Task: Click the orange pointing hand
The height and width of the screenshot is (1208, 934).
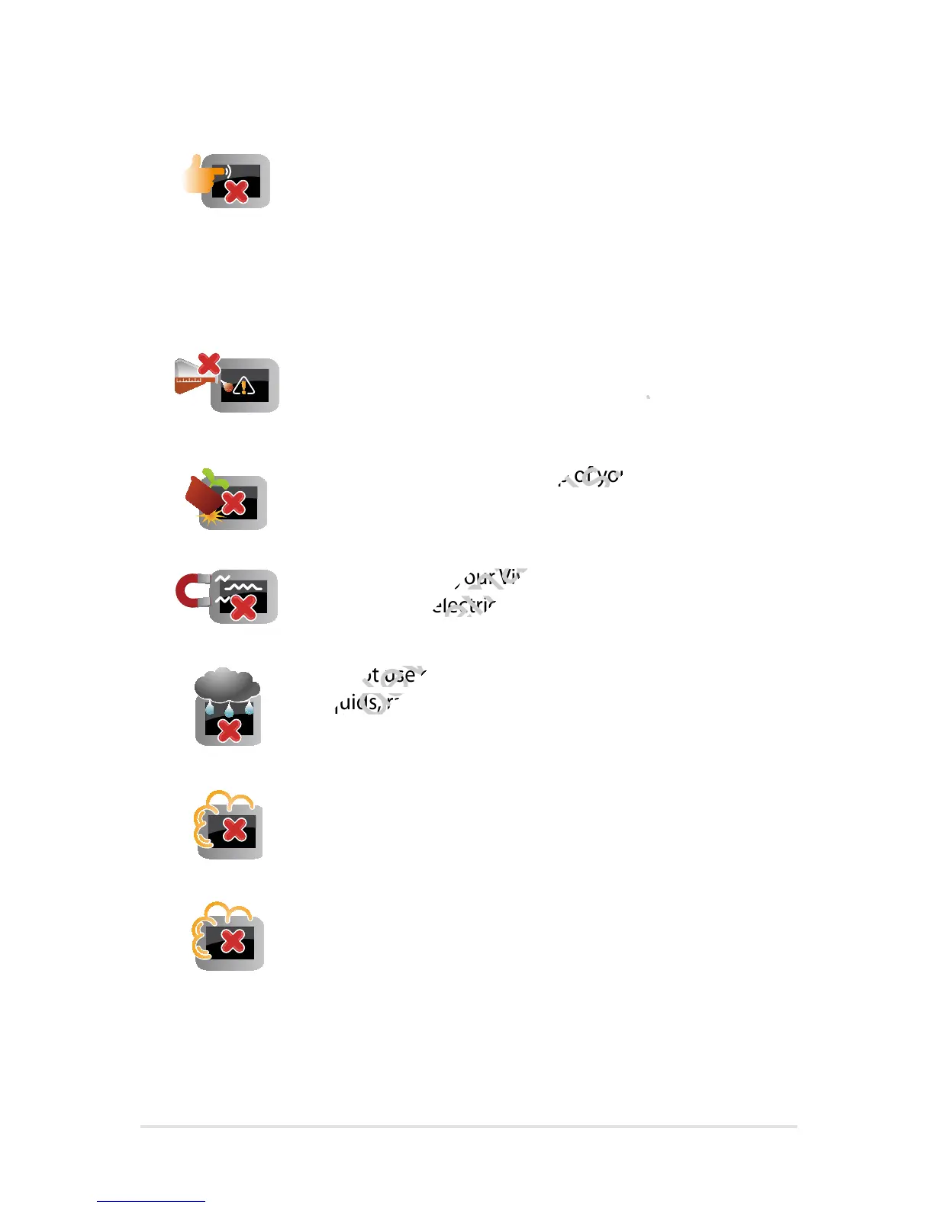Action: [200, 175]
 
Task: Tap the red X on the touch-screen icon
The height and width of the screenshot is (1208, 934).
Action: [237, 191]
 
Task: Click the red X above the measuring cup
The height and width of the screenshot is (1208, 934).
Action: [208, 365]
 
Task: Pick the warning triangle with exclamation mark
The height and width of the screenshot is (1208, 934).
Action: [244, 387]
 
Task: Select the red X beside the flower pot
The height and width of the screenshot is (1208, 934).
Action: [233, 503]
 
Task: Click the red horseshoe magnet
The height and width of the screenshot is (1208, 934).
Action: [189, 592]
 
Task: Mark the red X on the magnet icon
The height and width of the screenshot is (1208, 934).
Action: [243, 607]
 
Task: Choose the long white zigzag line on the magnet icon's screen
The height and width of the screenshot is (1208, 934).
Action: [244, 587]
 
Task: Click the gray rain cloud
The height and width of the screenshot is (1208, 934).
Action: [227, 684]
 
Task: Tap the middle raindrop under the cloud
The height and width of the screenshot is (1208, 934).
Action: [228, 712]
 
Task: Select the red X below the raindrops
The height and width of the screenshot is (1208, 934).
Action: [229, 731]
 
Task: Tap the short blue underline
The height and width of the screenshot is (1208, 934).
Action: [151, 1201]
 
